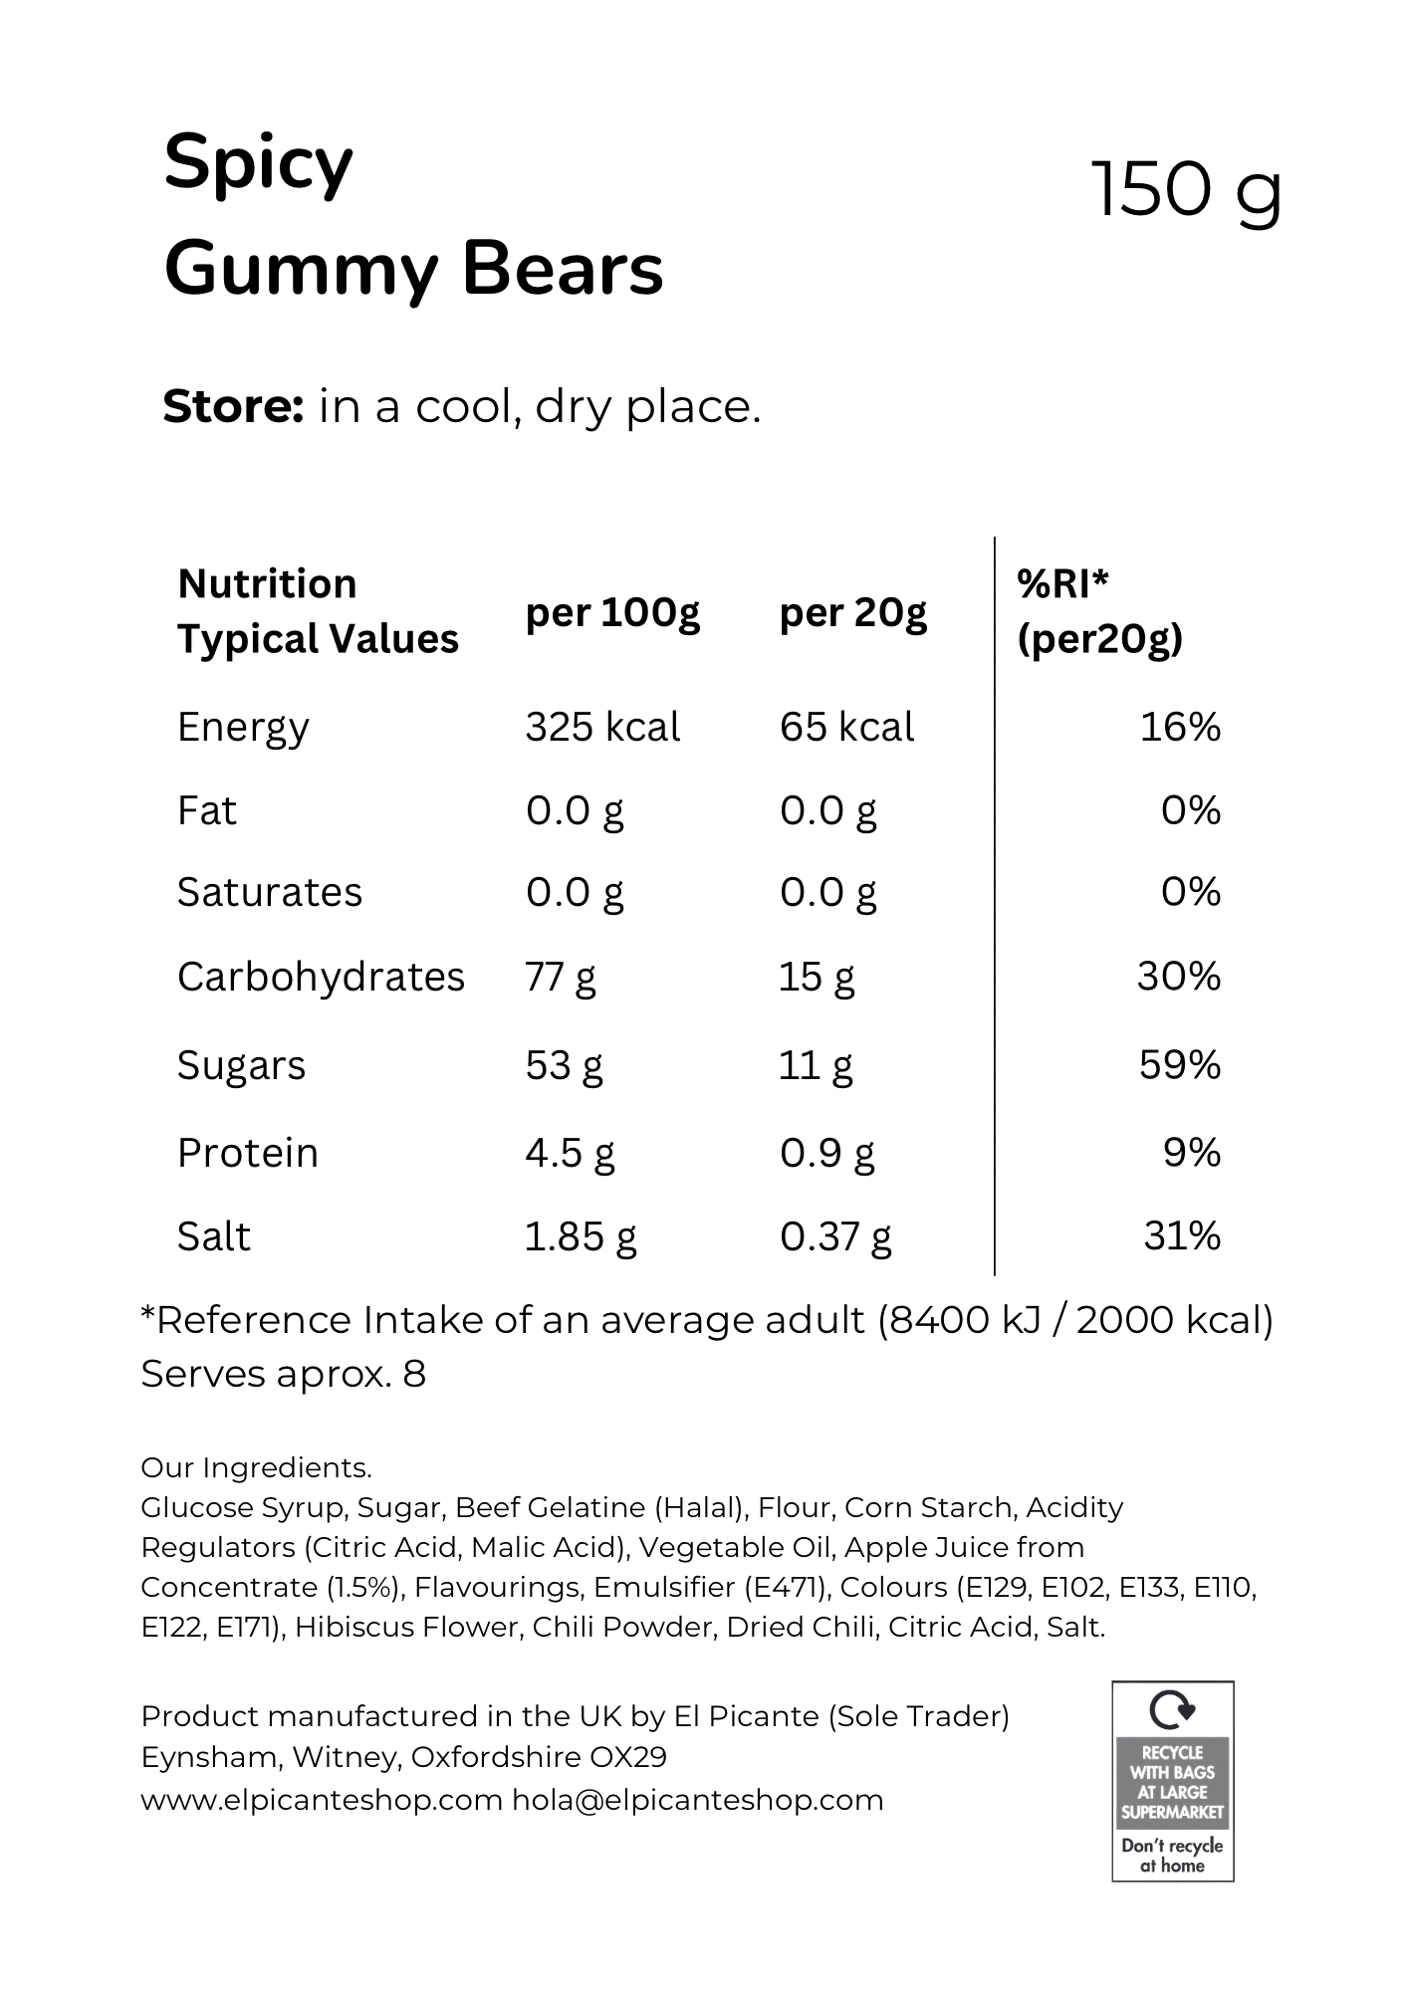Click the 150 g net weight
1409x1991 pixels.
point(1187,190)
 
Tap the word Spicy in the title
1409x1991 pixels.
point(259,164)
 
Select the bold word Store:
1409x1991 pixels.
point(233,406)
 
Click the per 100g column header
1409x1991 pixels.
point(613,613)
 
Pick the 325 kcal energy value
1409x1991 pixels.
point(602,728)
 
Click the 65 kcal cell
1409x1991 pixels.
point(846,728)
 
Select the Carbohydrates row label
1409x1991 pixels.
point(321,978)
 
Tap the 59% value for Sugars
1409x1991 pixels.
point(1180,1065)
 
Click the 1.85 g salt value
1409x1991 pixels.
point(581,1237)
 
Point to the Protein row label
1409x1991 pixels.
point(248,1153)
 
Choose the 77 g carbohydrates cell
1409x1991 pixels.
point(561,978)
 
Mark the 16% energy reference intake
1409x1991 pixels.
point(1180,728)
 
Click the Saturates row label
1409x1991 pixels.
point(270,893)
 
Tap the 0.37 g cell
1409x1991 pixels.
point(835,1237)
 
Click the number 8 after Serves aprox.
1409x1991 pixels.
point(414,1375)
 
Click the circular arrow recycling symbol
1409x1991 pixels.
point(1172,1710)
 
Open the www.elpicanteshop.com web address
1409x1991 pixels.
point(322,1800)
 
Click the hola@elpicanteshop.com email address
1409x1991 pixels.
point(698,1800)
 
